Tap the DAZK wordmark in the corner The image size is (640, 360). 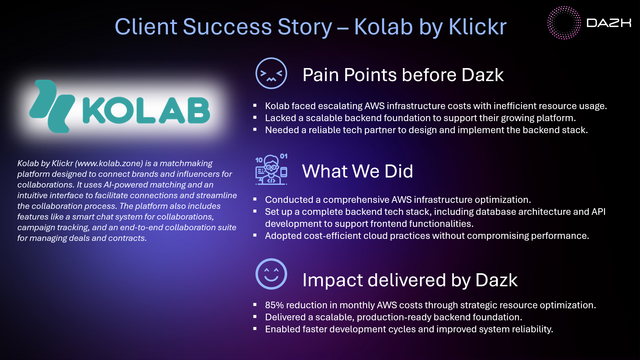(609, 23)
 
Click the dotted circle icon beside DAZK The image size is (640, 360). (564, 23)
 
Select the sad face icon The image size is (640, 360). (271, 73)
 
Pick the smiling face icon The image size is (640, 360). (271, 274)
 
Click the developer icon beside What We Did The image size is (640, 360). (271, 170)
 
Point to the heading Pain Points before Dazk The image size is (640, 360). (403, 75)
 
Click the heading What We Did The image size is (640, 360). (358, 171)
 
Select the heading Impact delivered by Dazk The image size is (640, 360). (410, 280)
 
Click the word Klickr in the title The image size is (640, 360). (478, 27)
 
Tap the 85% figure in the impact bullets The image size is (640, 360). (274, 305)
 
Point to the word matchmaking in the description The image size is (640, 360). (186, 163)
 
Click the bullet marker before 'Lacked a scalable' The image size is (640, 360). (255, 117)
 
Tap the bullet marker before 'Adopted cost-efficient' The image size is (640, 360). (255, 235)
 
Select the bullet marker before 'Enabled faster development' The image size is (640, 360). (255, 329)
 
